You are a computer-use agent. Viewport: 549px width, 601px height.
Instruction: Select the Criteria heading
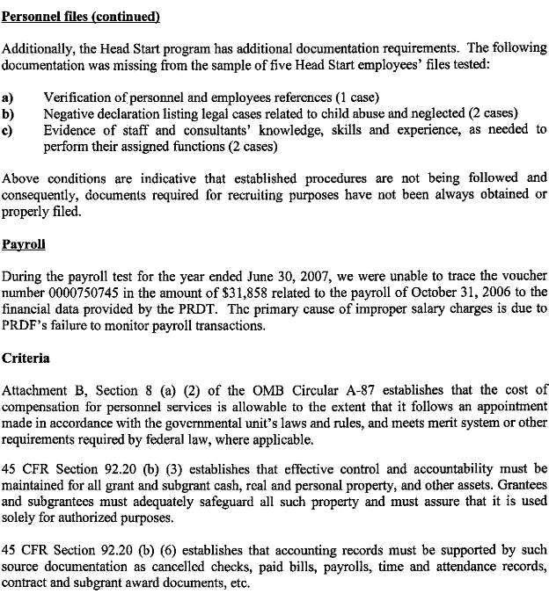(26, 358)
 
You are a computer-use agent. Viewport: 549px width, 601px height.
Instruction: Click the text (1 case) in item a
(351, 96)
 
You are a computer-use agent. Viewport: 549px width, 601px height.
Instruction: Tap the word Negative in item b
(71, 112)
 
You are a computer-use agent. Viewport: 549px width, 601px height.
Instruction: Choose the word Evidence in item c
(73, 129)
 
